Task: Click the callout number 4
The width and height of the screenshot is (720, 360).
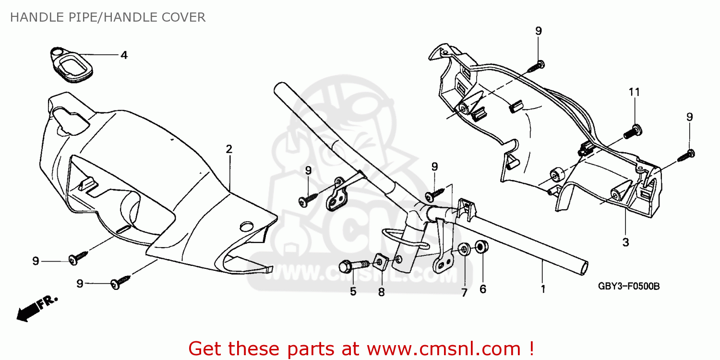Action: (x=124, y=55)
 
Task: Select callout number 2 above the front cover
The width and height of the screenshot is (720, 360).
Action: (x=229, y=149)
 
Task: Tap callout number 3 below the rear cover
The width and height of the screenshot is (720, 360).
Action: (x=625, y=242)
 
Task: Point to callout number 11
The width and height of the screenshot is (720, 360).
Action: (x=635, y=91)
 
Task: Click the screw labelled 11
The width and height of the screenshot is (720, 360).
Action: (x=632, y=131)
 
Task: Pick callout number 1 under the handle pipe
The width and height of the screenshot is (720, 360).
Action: (x=543, y=289)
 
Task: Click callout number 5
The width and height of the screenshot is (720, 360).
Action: (x=353, y=291)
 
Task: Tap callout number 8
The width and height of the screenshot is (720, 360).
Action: (x=381, y=292)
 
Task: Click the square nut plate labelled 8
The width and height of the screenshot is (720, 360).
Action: (x=381, y=262)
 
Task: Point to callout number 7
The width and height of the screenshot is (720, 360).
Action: (x=464, y=292)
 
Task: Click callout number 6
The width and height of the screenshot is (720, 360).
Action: (x=482, y=289)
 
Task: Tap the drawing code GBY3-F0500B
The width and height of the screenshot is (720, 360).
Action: (x=628, y=287)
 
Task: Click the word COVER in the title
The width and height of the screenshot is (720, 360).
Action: (x=184, y=18)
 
